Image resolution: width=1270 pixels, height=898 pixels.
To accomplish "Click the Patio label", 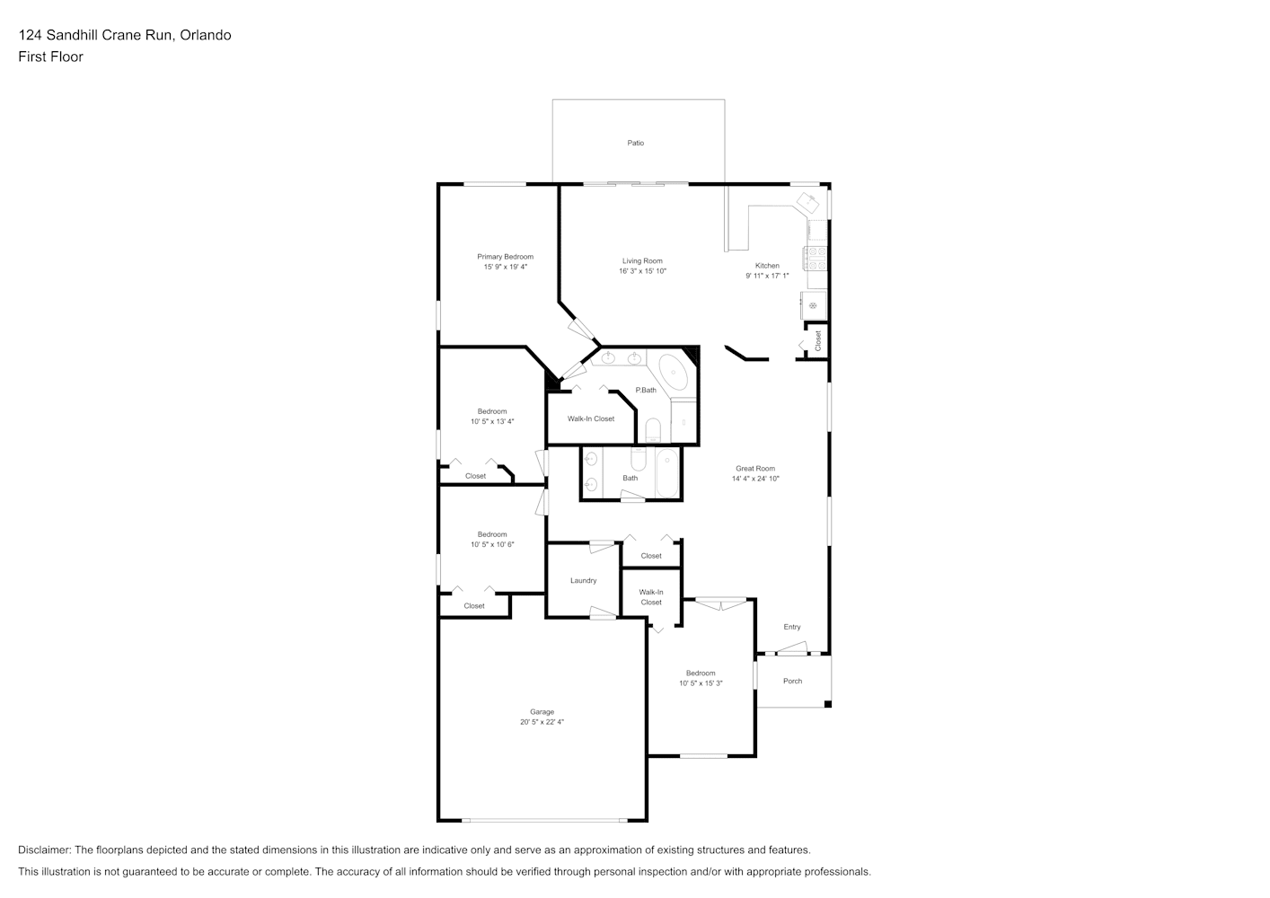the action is [x=635, y=143].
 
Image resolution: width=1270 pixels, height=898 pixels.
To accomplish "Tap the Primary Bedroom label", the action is [x=505, y=257].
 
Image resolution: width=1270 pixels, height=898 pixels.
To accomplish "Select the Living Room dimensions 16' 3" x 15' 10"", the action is [x=642, y=271].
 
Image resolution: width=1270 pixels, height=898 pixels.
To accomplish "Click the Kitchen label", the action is [x=767, y=265].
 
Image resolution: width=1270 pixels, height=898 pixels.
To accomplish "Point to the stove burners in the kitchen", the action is [x=816, y=258].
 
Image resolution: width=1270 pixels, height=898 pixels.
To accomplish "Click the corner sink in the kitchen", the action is [x=808, y=202].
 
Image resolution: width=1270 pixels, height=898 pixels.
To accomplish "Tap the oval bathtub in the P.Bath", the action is [x=674, y=373].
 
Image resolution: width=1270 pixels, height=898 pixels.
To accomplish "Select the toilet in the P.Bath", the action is [x=653, y=430].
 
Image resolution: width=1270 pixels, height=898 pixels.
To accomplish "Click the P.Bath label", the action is [x=646, y=390].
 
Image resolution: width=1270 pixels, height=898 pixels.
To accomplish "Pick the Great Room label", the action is [x=755, y=468].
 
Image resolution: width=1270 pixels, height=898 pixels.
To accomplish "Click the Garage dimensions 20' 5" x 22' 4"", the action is [x=542, y=722].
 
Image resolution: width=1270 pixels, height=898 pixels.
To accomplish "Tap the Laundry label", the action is [x=584, y=580].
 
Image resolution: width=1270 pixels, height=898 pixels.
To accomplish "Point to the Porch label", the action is [x=792, y=681].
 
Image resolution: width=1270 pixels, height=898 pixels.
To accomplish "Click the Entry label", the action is [x=792, y=627].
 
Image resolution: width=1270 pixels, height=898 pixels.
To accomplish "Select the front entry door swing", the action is [x=791, y=648].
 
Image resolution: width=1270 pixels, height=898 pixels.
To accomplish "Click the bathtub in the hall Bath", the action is [x=666, y=473].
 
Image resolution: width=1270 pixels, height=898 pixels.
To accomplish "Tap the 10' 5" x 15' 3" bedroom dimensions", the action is [x=701, y=683].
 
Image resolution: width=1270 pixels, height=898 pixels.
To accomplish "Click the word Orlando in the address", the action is [x=206, y=35].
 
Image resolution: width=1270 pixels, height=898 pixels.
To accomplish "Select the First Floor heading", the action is [x=50, y=57].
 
